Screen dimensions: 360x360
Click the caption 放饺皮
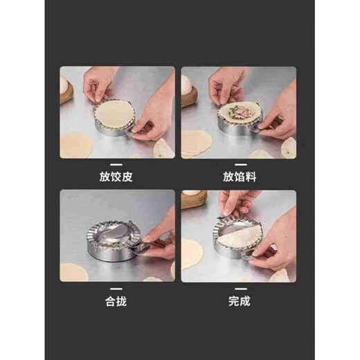117,176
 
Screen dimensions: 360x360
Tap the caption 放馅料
238,176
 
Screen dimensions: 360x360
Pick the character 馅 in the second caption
238,176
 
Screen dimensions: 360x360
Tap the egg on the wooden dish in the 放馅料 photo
186,84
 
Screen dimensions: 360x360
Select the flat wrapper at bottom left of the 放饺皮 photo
75,144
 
